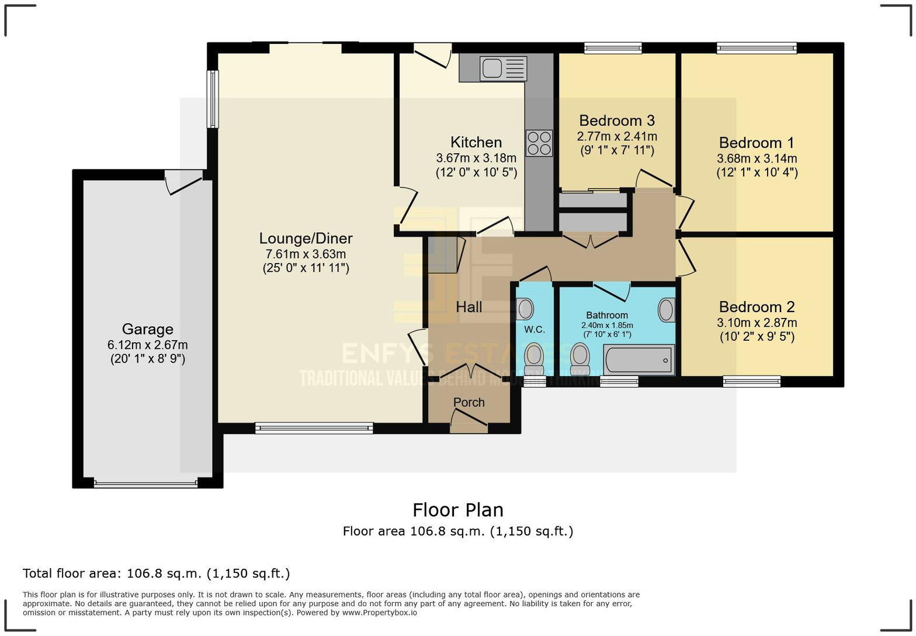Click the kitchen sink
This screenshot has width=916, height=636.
[504, 69]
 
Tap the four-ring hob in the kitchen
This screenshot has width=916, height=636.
[539, 143]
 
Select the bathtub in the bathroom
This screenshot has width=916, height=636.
[639, 360]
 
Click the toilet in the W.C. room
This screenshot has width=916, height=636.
[535, 358]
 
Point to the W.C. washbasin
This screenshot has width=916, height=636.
[525, 309]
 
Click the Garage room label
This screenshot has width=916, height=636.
[148, 329]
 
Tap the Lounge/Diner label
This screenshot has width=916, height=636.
[306, 238]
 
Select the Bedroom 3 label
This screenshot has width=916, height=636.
[617, 120]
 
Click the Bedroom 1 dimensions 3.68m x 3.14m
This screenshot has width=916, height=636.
[757, 158]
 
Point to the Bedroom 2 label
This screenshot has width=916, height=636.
[757, 306]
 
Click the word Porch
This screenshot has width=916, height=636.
[469, 402]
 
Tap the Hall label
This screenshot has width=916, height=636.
[469, 307]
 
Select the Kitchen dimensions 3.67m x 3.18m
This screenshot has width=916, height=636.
[477, 158]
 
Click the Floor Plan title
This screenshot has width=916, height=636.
[458, 510]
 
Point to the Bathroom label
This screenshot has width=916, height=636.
[608, 315]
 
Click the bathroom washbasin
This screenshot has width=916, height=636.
[666, 310]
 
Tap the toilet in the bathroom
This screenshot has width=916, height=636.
[580, 358]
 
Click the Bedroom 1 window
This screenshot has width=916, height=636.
[757, 49]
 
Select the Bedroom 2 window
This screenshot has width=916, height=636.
[752, 382]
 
